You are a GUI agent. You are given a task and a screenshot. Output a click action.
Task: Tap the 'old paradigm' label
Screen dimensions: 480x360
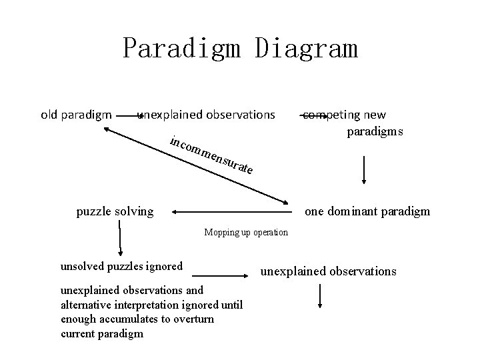click(76, 115)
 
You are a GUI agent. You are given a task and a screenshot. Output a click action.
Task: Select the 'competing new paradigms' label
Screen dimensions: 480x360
click(353, 123)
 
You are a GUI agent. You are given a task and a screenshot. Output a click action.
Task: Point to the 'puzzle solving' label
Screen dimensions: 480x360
click(115, 212)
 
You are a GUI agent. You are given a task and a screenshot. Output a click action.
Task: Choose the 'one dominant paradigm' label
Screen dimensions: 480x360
click(367, 212)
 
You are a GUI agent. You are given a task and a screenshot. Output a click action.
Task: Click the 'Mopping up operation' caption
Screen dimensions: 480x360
click(247, 233)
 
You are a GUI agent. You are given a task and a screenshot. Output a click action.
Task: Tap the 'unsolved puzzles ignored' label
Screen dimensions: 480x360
click(121, 267)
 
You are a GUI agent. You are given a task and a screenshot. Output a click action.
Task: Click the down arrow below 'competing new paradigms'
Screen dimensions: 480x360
click(363, 169)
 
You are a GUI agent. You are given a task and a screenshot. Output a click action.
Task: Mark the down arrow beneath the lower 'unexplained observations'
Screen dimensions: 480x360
click(321, 296)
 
